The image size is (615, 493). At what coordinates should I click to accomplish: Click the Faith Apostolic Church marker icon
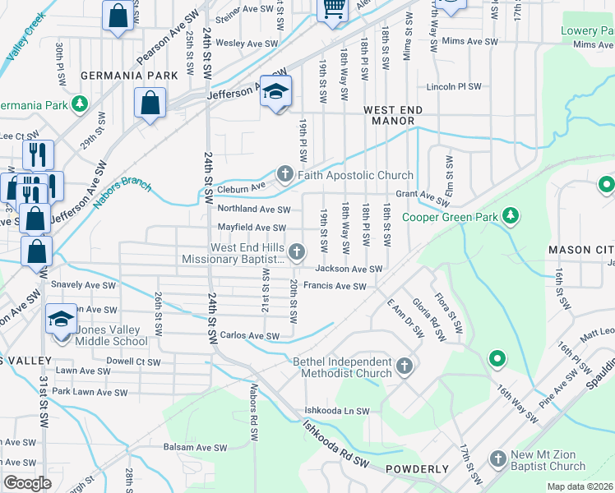tap(284, 175)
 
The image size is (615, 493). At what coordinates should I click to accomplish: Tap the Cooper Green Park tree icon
tap(511, 217)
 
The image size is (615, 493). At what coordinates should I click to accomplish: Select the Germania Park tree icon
tap(79, 105)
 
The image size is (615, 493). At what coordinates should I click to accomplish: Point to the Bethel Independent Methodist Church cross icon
tap(404, 367)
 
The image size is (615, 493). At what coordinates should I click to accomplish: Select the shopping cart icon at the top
tap(333, 7)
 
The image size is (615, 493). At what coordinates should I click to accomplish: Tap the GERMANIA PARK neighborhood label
tap(129, 76)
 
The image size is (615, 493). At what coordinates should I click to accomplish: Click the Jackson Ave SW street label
tap(349, 269)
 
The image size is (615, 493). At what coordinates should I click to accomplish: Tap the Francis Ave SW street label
tap(334, 286)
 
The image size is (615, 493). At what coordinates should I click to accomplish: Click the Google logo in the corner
tap(27, 483)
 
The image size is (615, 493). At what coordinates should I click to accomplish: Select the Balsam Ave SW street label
tap(196, 448)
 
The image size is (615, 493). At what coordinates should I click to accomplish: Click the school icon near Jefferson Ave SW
tap(276, 91)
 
